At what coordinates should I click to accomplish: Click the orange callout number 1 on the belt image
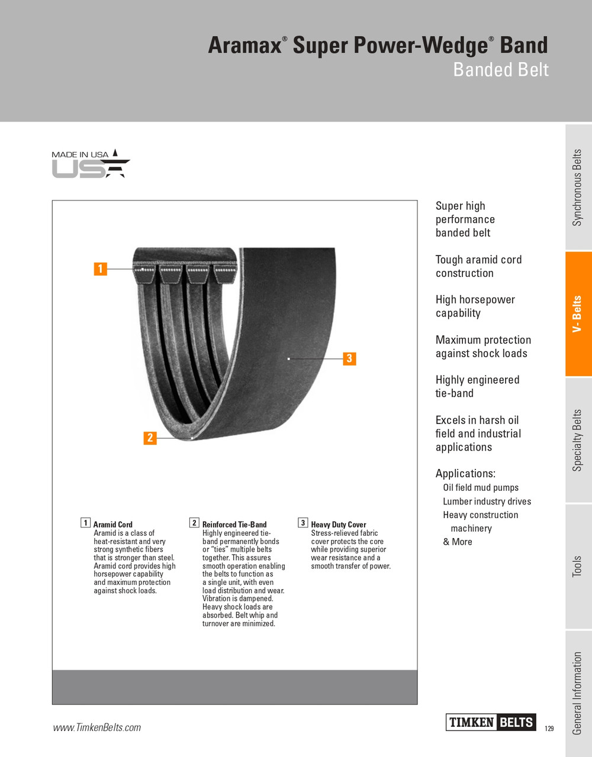pyautogui.click(x=101, y=268)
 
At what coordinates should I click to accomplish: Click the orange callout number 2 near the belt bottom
pyautogui.click(x=150, y=438)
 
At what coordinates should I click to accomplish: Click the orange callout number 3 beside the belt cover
pyautogui.click(x=349, y=358)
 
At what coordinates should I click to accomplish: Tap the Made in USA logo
pyautogui.click(x=90, y=164)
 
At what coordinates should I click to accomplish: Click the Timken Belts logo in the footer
pyautogui.click(x=491, y=722)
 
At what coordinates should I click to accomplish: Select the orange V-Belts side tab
pyautogui.click(x=578, y=314)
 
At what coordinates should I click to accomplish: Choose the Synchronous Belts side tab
pyautogui.click(x=578, y=187)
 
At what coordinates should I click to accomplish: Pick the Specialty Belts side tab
pyautogui.click(x=578, y=441)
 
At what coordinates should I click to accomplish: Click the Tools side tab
pyautogui.click(x=578, y=567)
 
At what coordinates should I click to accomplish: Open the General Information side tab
pyautogui.click(x=578, y=693)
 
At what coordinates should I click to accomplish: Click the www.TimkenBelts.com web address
pyautogui.click(x=97, y=727)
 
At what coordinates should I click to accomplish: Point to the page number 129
pyautogui.click(x=549, y=729)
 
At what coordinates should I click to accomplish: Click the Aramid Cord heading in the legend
pyautogui.click(x=113, y=525)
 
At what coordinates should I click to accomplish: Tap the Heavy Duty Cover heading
pyautogui.click(x=339, y=525)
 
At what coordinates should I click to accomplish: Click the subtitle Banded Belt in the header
pyautogui.click(x=501, y=70)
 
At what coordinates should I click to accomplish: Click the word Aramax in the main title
pyautogui.click(x=244, y=46)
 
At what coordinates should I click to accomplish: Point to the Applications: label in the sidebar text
pyautogui.click(x=465, y=474)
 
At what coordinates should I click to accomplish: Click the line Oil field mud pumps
pyautogui.click(x=481, y=488)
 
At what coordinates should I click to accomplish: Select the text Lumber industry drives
pyautogui.click(x=487, y=502)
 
